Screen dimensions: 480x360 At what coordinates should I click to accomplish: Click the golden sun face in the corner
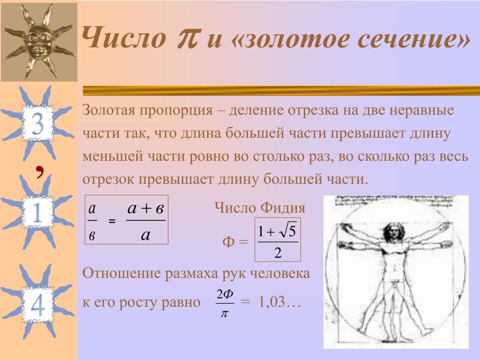tap(39, 41)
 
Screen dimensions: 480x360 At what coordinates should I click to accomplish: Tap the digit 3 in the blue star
tap(37, 123)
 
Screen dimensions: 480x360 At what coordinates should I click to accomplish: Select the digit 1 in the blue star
tap(37, 212)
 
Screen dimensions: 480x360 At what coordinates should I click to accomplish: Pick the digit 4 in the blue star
tap(37, 305)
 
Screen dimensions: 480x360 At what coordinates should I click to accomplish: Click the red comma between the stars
tap(39, 172)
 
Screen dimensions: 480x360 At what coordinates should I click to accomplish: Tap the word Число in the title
tap(124, 37)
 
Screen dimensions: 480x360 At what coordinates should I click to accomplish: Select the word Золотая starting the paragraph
tap(109, 110)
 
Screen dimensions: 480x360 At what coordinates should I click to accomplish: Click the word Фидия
tap(283, 208)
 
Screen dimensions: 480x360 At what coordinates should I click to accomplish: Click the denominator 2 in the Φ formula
tap(277, 253)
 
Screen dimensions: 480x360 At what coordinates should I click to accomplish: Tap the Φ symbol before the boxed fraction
tap(228, 242)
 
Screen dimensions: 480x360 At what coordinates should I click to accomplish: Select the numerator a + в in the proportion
tap(146, 208)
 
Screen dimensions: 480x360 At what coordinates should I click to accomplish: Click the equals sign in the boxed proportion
tap(112, 221)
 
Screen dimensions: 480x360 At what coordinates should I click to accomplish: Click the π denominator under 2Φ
tap(225, 314)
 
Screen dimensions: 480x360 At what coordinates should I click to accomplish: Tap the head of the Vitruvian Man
tap(392, 231)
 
